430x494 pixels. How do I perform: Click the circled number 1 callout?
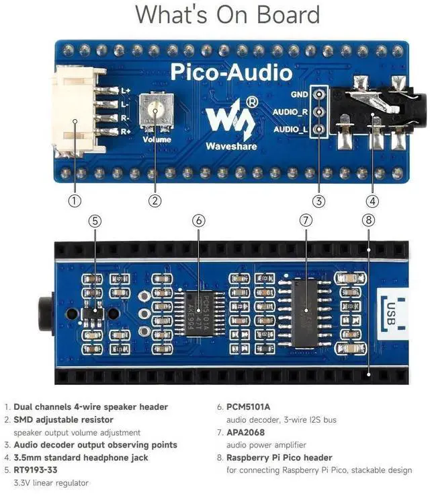pos(75,200)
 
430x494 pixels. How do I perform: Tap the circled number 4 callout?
pos(373,200)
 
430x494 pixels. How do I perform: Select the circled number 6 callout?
pos(198,220)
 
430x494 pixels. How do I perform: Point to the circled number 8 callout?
pos(368,220)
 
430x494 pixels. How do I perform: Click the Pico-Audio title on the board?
pos(230,72)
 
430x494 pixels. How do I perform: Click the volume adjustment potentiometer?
pos(155,109)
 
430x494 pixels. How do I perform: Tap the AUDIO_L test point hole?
pos(320,129)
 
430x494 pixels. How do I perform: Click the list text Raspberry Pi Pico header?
pos(279,457)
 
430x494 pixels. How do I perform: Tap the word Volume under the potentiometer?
pos(157,140)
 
